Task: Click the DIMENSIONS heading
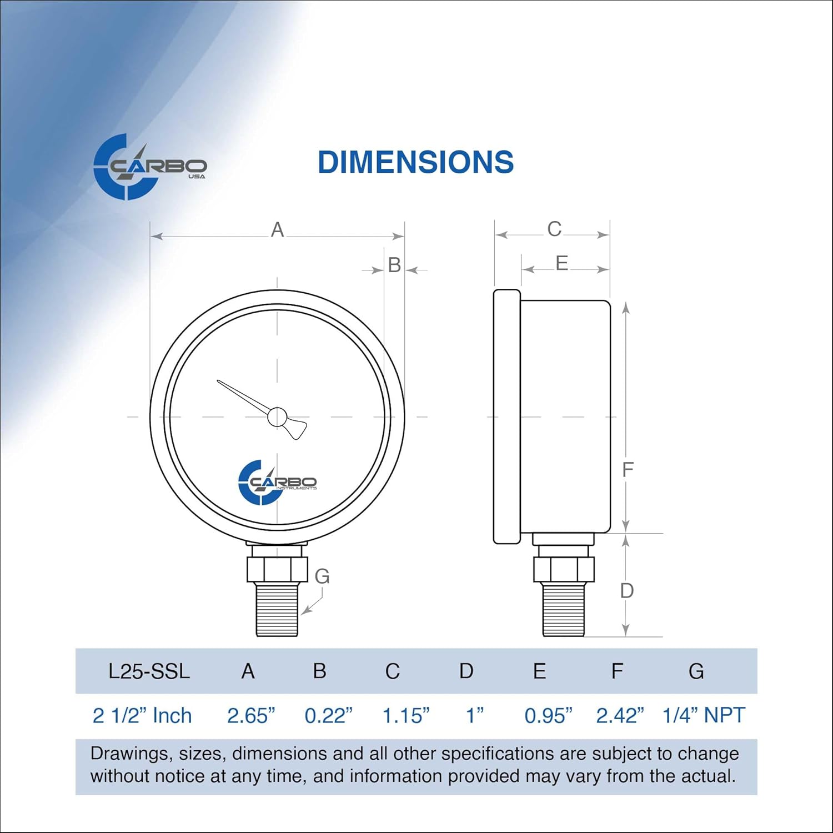point(415,162)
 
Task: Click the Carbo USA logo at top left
point(149,167)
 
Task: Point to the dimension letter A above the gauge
point(277,230)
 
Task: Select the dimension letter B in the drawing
point(394,265)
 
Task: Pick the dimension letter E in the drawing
point(561,263)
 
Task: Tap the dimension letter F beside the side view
point(628,470)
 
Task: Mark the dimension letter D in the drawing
point(626,591)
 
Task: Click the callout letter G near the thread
point(322,576)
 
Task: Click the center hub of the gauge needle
point(277,416)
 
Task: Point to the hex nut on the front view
point(277,569)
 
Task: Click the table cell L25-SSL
point(149,671)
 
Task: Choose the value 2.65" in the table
point(251,716)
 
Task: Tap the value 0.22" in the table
point(328,716)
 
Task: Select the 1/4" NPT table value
point(703,715)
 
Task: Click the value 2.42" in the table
point(620,716)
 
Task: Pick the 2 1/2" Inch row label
point(142,716)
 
